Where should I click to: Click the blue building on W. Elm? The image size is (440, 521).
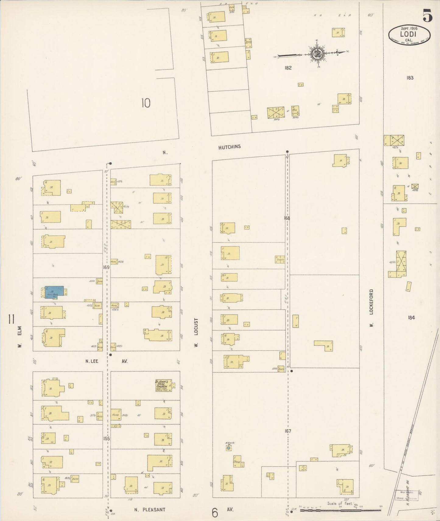click(55, 292)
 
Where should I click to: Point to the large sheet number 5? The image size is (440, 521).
click(427, 16)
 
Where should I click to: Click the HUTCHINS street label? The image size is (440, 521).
click(229, 147)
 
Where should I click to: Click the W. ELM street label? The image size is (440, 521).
click(20, 336)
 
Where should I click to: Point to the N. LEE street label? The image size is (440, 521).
click(92, 361)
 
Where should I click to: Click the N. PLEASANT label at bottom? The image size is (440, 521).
click(150, 509)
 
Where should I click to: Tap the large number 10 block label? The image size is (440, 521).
click(146, 103)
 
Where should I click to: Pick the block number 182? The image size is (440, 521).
click(288, 68)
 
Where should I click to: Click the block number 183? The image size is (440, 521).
click(410, 78)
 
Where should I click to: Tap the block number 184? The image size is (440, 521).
click(411, 318)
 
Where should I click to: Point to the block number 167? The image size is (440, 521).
click(288, 431)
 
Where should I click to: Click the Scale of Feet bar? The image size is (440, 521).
click(340, 511)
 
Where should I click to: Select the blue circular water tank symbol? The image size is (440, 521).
click(228, 448)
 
